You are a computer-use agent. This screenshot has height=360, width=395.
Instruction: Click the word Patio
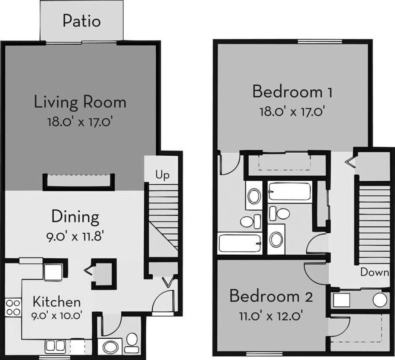pos(81,20)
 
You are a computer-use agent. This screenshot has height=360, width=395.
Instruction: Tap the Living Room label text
pos(80,102)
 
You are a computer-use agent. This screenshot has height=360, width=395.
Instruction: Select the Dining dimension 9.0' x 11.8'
pos(76,236)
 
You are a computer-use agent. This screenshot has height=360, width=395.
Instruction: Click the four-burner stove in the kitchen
pos(13,307)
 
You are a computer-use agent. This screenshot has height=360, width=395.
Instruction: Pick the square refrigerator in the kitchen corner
pos(53,272)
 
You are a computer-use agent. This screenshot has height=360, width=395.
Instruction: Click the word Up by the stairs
pos(162,175)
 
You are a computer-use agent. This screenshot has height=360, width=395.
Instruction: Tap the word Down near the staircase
pos(375,272)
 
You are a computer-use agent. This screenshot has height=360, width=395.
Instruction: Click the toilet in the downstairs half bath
pos(132,340)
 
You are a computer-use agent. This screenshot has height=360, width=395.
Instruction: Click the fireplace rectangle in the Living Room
pos(80,181)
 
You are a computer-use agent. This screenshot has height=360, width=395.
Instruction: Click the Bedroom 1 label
pos(293,92)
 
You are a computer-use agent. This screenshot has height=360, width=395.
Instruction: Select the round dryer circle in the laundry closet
pos(379,300)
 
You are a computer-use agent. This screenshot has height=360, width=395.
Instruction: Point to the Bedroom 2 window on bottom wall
pos(260,354)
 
